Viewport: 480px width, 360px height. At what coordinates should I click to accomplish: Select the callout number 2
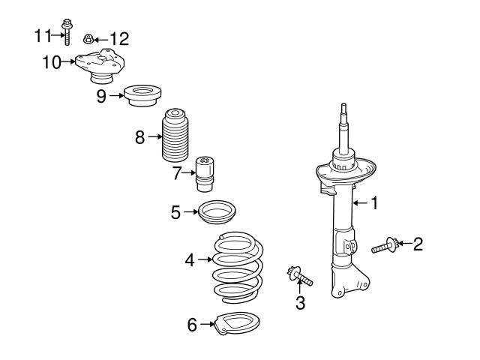[418, 243]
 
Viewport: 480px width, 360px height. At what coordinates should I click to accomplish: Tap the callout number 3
[300, 303]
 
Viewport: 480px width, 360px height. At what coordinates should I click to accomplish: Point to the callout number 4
[190, 259]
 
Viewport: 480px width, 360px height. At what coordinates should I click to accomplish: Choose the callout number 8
[139, 136]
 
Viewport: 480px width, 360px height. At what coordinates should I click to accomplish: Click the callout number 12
[120, 37]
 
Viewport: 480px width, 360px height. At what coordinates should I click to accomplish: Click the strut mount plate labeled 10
[101, 64]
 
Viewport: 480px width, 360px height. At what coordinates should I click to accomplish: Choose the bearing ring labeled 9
[142, 96]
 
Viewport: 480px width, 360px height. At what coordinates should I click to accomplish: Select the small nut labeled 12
[88, 37]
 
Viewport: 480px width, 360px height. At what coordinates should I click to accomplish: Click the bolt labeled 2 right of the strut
[384, 244]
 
